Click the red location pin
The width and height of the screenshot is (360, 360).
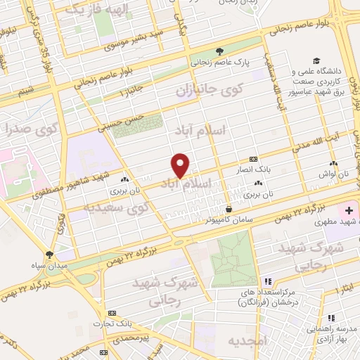click(181, 165)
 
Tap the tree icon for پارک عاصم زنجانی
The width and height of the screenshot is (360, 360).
click(219, 51)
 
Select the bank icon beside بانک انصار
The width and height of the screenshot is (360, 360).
click(253, 160)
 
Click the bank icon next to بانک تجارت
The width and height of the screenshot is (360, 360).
click(112, 314)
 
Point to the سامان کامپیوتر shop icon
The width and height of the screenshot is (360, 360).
click(229, 209)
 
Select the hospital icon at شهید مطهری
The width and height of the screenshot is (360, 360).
click(348, 212)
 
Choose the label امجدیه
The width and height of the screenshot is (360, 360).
click(244, 340)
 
